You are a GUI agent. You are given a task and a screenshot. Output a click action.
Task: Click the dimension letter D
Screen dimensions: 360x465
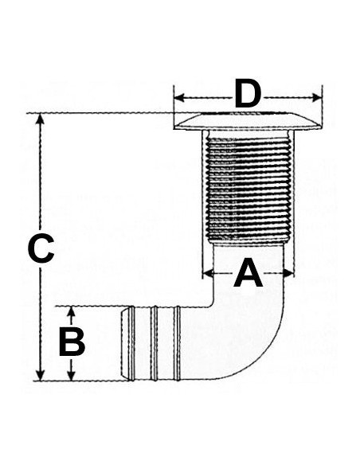coord(248,93)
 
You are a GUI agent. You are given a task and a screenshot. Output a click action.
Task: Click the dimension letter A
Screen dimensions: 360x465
coord(248,273)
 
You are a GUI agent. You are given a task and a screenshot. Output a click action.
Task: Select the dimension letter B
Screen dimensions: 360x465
coord(72,342)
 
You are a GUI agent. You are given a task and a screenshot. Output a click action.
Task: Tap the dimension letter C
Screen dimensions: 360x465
coord(41,248)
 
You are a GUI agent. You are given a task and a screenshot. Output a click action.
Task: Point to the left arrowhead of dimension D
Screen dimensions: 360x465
coord(179,98)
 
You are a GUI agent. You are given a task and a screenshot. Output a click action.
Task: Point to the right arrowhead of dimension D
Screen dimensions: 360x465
coord(317,98)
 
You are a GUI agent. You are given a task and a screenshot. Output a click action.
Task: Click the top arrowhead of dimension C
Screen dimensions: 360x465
coord(41,119)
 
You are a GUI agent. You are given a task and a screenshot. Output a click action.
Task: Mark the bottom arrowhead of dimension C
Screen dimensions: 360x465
coord(41,375)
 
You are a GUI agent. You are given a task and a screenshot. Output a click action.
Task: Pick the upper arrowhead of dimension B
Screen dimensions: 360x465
coord(71,311)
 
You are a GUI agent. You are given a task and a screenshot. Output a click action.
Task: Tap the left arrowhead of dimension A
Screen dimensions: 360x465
coord(208,273)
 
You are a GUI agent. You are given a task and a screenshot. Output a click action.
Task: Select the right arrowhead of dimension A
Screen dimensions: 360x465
coord(288,273)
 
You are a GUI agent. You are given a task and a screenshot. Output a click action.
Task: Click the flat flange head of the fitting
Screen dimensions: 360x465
coord(248,121)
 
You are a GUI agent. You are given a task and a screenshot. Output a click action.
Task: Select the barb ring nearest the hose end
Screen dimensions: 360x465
coord(131,343)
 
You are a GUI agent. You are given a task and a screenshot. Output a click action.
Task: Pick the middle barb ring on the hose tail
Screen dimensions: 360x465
coord(154,343)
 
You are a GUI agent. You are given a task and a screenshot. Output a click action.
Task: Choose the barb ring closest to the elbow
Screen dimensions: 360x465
coord(177,343)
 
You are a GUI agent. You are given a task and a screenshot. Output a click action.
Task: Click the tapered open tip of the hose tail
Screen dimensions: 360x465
coord(125,343)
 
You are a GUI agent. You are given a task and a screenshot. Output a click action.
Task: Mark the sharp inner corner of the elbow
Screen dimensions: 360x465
coord(213,306)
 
